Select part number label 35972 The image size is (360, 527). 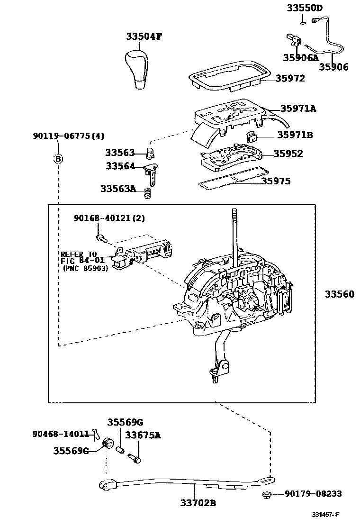click(290, 79)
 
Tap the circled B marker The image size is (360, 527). click(58, 159)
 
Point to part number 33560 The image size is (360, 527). click(339, 294)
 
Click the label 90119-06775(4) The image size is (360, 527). click(68, 136)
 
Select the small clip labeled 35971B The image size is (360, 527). click(252, 137)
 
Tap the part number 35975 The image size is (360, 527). click(283, 181)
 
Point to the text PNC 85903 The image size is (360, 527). click(86, 268)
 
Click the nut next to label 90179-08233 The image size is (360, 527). click(266, 496)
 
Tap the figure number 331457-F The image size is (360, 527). click(326, 515)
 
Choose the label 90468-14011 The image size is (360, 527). click(61, 434)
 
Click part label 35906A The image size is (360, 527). click(300, 58)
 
